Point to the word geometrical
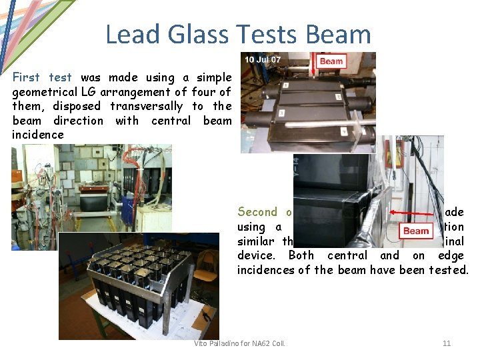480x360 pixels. [x=43, y=92]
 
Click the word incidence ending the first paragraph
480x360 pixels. [x=38, y=135]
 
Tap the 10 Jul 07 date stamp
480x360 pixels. [x=263, y=61]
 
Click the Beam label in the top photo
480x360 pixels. [x=331, y=61]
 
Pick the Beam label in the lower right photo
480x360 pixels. [x=416, y=231]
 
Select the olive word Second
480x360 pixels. [x=257, y=212]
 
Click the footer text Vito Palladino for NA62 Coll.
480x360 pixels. [x=239, y=343]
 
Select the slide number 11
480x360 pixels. [x=447, y=343]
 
